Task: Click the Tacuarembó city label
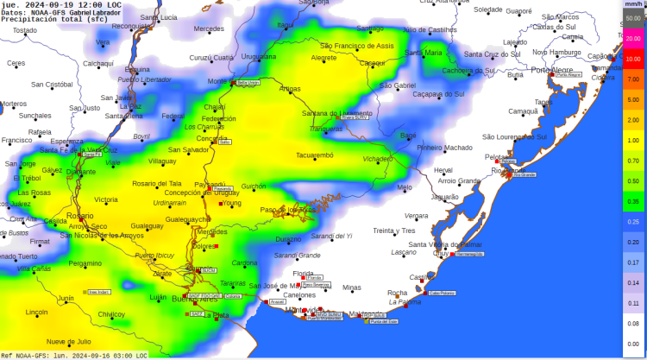tap(314, 155)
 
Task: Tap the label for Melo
tap(404, 187)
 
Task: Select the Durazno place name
tap(288, 239)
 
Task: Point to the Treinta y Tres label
tap(394, 231)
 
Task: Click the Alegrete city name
tap(323, 58)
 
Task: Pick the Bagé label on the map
tap(409, 136)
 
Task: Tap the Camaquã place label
tap(523, 111)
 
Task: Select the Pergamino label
tap(85, 263)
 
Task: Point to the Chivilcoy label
tap(111, 314)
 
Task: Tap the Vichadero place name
tap(377, 159)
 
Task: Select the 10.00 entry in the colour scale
tap(632, 59)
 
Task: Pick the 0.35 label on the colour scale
tap(632, 200)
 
